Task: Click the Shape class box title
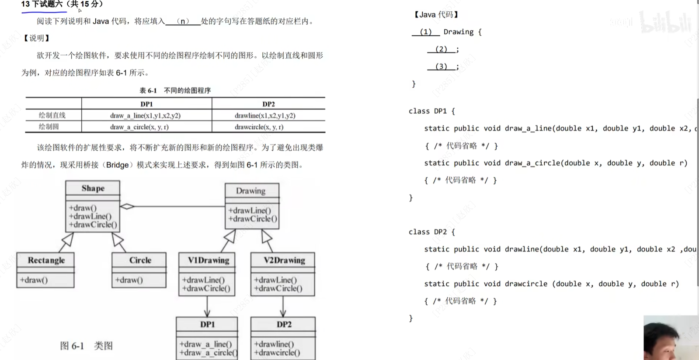[93, 188]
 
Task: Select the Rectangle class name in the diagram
[46, 260]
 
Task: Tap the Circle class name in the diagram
[140, 260]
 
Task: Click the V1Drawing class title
[208, 260]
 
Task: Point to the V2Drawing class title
[284, 260]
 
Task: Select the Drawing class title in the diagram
[250, 191]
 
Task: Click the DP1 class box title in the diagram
[207, 325]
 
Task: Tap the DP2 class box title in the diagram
[284, 325]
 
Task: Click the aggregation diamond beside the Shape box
[127, 206]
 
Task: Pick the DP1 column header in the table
[146, 104]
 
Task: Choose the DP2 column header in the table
[268, 104]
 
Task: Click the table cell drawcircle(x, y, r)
[259, 127]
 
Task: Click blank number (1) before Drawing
[425, 32]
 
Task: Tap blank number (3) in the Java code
[441, 66]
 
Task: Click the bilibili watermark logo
[665, 22]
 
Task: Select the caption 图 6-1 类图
[86, 346]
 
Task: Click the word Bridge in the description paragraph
[117, 165]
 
